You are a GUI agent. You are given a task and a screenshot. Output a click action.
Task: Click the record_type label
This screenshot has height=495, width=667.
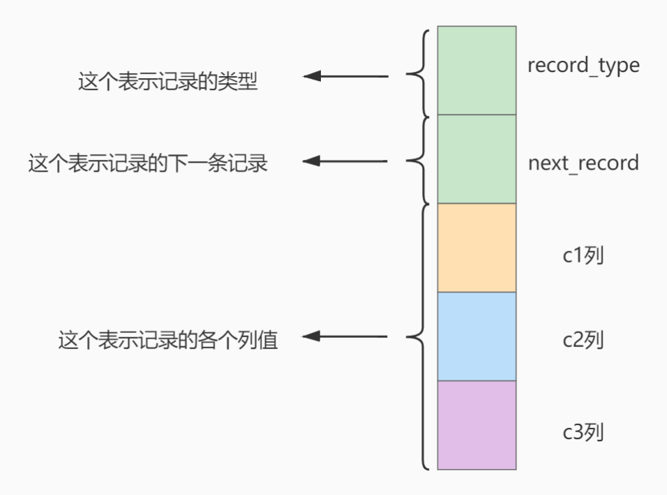583,66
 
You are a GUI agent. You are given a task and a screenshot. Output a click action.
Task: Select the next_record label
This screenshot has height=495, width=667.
583,163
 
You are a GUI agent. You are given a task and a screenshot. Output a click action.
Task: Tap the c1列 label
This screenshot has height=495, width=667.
583,256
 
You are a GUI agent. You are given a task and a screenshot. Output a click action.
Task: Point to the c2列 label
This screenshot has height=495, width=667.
583,339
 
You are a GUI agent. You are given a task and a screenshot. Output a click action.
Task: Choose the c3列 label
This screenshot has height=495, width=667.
583,432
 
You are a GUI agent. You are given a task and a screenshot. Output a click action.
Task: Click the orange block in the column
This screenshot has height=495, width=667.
477,248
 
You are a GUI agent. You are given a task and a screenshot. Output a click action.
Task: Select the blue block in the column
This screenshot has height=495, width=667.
477,337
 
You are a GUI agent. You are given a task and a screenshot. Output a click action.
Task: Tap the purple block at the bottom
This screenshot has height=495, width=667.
477,425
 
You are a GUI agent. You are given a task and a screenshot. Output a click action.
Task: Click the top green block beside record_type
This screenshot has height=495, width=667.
477,71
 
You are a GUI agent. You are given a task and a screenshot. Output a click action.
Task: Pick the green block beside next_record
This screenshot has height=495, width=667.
477,159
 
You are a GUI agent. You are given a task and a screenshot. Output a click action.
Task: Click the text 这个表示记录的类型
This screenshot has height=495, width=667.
167,81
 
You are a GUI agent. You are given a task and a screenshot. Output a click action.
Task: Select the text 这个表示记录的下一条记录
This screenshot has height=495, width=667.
148,163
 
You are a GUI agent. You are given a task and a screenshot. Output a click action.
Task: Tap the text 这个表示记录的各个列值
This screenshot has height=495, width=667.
168,339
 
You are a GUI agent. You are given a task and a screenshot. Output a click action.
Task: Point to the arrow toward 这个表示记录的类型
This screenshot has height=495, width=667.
345,76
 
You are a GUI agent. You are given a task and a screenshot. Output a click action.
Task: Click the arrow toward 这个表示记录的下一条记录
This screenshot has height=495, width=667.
345,161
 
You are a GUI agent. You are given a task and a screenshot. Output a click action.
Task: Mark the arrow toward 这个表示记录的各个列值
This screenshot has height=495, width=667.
345,337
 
